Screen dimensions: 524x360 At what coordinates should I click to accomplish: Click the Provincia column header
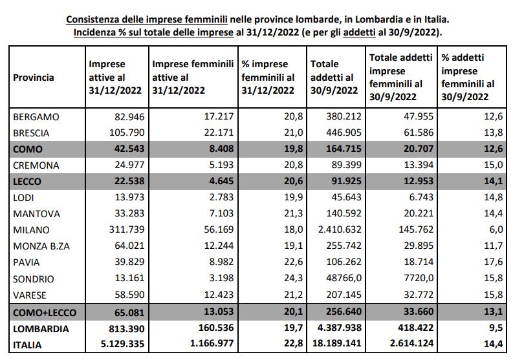[x=34, y=78]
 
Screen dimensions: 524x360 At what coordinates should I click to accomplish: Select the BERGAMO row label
[x=36, y=117]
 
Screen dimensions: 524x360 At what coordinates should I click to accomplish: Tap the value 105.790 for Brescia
[x=127, y=132]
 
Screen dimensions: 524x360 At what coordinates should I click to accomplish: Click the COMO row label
[x=28, y=149]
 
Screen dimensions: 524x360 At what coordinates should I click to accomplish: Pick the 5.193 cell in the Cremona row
[x=219, y=165]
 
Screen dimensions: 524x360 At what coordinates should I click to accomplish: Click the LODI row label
[x=23, y=198]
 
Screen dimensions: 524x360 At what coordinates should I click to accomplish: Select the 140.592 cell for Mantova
[x=344, y=213]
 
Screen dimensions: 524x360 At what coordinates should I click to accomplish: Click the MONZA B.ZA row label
[x=41, y=246]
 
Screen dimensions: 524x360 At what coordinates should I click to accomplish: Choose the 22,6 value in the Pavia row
[x=294, y=262]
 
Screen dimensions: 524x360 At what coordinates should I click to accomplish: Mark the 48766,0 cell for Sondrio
[x=344, y=278]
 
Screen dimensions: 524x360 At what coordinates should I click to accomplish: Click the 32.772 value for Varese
[x=419, y=295]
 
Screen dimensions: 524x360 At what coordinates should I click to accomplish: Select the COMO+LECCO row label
[x=45, y=313]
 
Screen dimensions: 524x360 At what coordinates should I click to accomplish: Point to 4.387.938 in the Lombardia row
[x=340, y=328]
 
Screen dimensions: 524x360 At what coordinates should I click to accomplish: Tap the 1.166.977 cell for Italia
[x=212, y=343]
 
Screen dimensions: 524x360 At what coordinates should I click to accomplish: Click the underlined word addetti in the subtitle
[x=359, y=32]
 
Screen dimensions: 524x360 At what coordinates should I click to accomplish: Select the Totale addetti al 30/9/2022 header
[x=334, y=77]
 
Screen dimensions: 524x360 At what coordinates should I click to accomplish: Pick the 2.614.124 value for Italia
[x=411, y=343]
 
